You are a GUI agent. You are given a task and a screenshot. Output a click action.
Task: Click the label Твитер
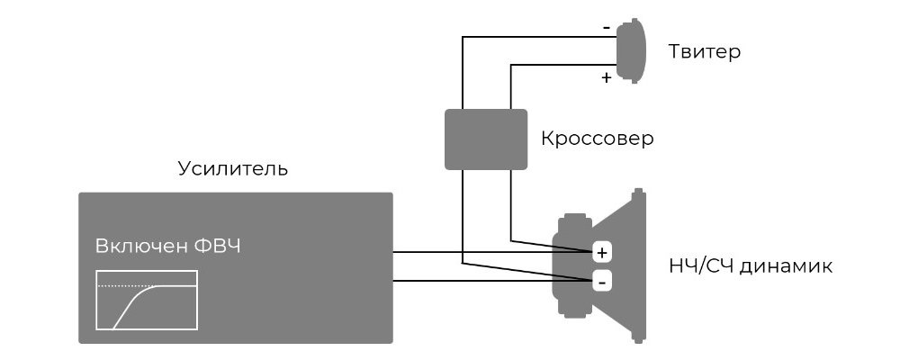[705, 52]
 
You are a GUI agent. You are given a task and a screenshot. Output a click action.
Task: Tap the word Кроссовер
[597, 139]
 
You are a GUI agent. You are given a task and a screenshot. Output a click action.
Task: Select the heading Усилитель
[232, 169]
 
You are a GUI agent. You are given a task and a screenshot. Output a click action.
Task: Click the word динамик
[786, 267]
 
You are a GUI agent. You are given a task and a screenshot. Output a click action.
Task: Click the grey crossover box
[486, 139]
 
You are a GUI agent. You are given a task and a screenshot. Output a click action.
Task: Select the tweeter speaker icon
[630, 50]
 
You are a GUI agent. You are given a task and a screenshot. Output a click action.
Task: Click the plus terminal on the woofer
[601, 253]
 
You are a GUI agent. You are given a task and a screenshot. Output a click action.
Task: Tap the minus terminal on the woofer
[601, 282]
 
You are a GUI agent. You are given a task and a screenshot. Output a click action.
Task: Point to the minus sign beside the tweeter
[606, 27]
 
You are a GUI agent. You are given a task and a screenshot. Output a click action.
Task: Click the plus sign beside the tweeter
[606, 77]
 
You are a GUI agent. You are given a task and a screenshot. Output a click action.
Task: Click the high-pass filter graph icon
[147, 301]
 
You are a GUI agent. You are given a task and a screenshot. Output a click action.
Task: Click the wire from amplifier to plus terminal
[492, 252]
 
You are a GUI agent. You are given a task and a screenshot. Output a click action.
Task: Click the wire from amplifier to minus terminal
[492, 281]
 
